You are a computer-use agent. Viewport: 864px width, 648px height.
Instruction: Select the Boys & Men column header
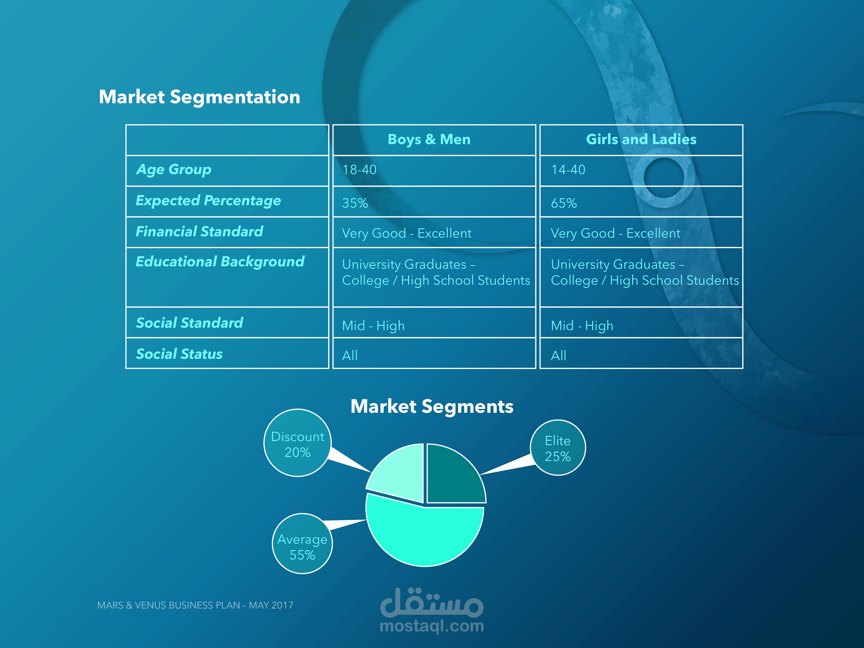tap(429, 140)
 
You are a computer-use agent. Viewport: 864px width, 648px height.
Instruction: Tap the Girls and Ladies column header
tap(641, 140)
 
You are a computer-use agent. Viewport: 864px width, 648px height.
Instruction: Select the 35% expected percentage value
tap(355, 203)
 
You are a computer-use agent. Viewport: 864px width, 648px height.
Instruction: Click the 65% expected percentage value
tap(564, 203)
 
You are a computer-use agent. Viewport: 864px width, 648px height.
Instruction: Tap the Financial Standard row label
tap(199, 232)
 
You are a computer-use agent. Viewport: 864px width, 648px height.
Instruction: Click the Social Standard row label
tap(189, 323)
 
